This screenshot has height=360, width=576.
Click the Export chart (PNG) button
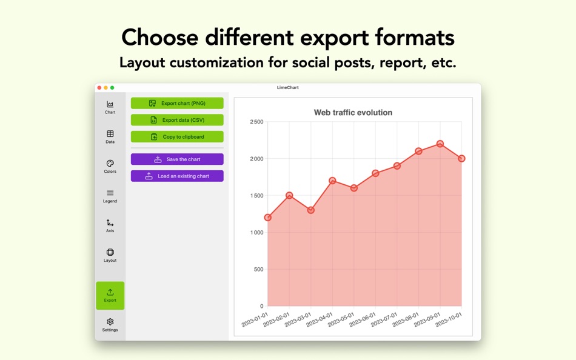(177, 104)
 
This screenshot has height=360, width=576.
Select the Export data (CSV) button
(177, 120)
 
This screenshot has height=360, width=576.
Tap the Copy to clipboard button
(177, 137)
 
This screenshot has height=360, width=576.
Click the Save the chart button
(177, 159)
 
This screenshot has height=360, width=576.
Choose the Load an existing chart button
(177, 176)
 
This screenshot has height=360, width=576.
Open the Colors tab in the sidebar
(110, 166)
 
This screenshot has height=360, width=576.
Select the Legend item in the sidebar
(110, 196)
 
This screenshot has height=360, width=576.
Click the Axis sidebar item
(110, 225)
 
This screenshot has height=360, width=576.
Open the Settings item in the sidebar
(110, 325)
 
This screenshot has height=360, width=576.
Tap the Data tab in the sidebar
(110, 136)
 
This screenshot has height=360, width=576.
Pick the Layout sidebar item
(110, 255)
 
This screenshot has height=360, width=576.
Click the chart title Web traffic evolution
(353, 113)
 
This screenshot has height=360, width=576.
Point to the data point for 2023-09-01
(440, 144)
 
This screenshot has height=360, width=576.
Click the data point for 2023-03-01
(311, 210)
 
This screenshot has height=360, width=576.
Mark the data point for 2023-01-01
(268, 218)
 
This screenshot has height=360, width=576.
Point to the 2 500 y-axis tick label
(256, 122)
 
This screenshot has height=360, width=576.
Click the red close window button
(99, 88)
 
